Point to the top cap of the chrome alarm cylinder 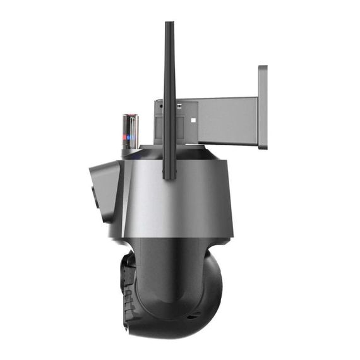[130, 116]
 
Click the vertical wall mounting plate [262, 107]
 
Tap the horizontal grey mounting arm [227, 120]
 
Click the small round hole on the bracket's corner [160, 106]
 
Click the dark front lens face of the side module [93, 197]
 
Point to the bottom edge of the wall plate [262, 147]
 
